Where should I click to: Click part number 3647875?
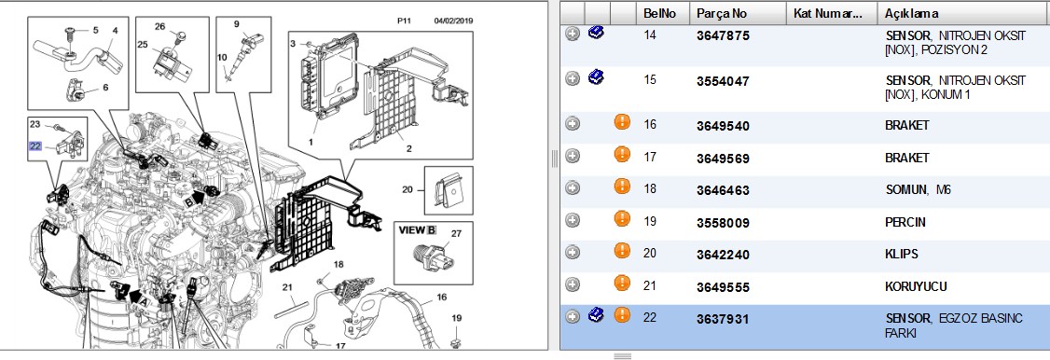(x=723, y=36)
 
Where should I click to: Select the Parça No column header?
(x=721, y=13)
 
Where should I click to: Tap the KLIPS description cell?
(x=902, y=255)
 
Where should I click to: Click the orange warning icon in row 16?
(x=622, y=122)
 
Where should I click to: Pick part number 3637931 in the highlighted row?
(x=723, y=320)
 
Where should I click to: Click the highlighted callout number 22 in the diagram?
(x=35, y=145)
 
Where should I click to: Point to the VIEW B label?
(x=418, y=230)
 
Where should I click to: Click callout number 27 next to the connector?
(x=456, y=234)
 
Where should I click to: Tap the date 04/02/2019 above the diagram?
(x=453, y=21)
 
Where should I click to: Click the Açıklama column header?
(x=911, y=13)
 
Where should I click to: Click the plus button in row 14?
(x=572, y=35)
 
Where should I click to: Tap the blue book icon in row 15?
(x=596, y=78)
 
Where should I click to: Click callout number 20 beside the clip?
(x=408, y=189)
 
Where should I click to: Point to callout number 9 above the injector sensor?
(x=236, y=24)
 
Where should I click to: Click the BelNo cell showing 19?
(x=650, y=223)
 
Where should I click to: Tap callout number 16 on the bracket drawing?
(x=441, y=298)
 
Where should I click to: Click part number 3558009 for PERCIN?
(x=723, y=223)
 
